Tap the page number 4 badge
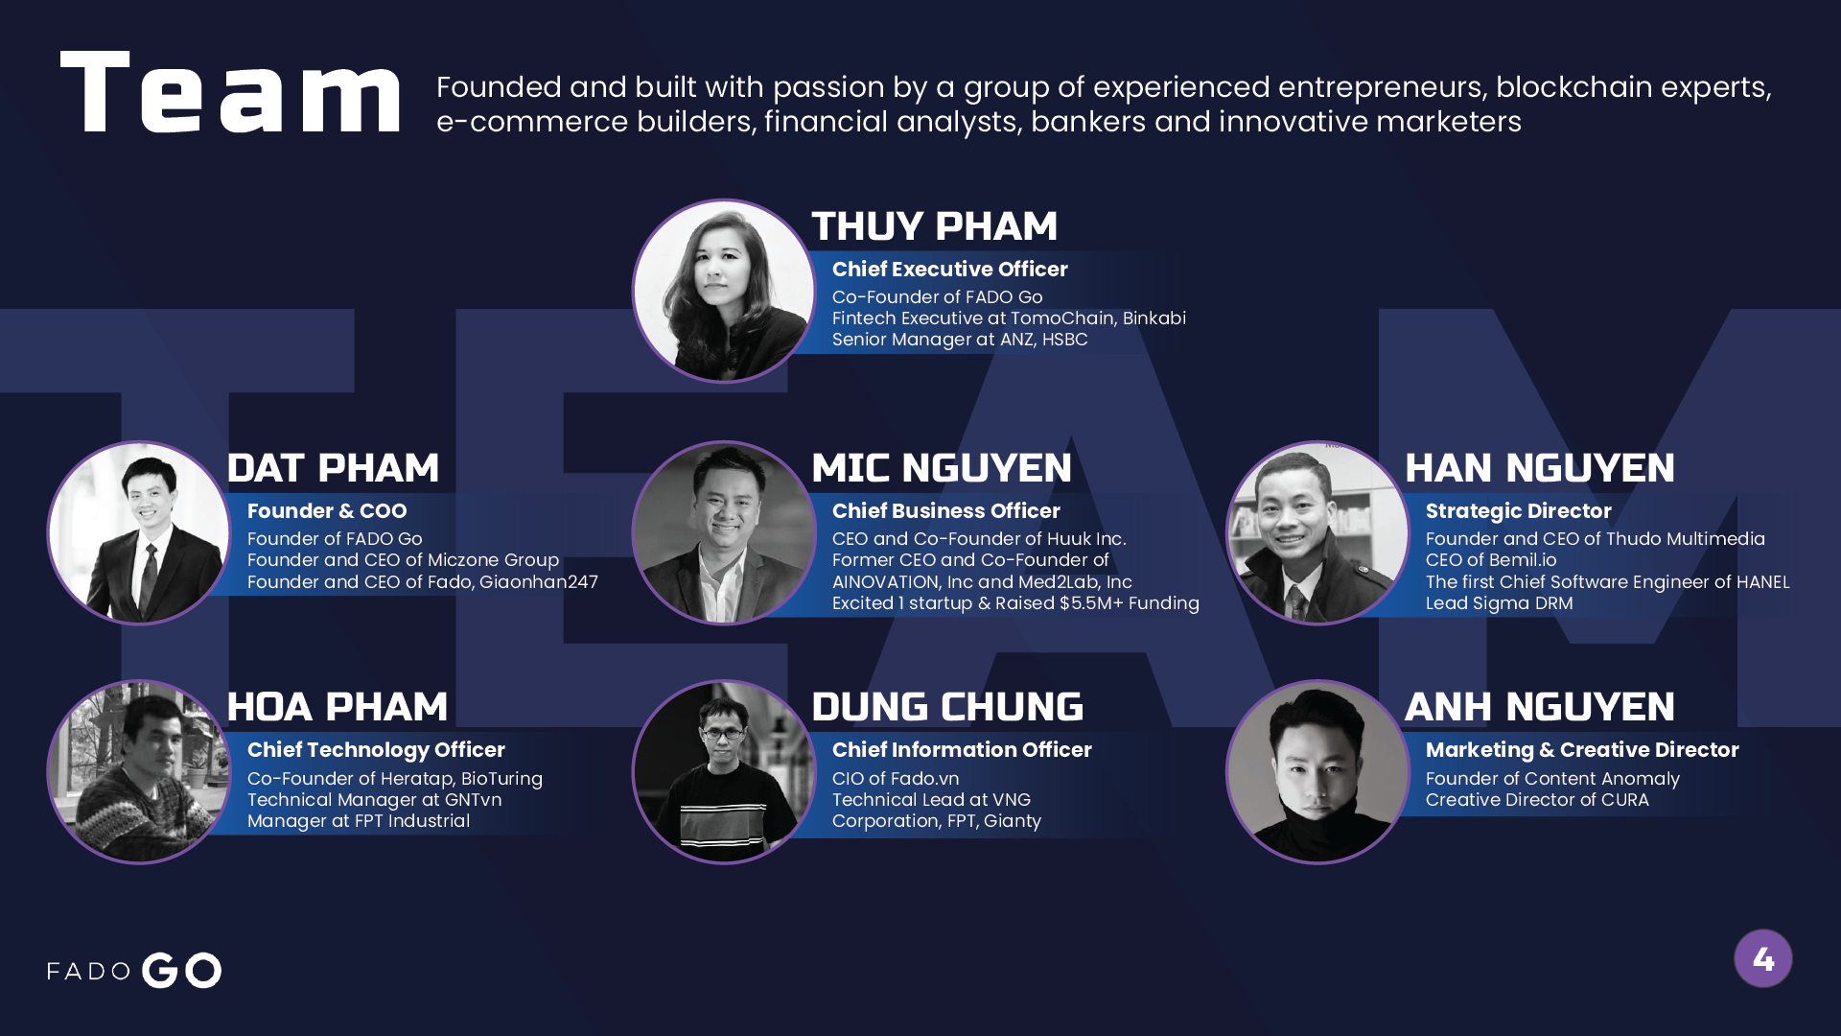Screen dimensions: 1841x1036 tap(1762, 958)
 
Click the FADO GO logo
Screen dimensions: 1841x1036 tap(134, 970)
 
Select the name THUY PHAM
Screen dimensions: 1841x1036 tap(934, 226)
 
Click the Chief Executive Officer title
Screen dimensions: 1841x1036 tap(949, 270)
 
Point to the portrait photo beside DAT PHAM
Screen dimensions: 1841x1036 tap(139, 532)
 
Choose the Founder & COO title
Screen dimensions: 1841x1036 tap(327, 511)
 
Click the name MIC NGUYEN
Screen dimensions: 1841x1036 tap(942, 468)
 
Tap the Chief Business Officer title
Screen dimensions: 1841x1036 tap(945, 511)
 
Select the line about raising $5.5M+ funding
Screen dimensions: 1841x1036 tap(1015, 603)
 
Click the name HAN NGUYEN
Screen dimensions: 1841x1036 tap(1540, 468)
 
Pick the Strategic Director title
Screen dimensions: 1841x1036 tap(1518, 511)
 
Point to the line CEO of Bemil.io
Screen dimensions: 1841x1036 tap(1491, 560)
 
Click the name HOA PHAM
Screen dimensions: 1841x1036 tap(338, 707)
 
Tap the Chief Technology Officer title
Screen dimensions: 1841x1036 tap(376, 750)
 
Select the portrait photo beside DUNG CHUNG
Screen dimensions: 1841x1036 tap(724, 772)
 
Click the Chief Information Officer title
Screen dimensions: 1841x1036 tap(962, 750)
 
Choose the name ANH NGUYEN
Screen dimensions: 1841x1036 tap(1540, 707)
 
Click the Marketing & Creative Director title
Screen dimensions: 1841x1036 tap(1582, 750)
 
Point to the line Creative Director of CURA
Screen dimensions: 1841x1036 tap(1537, 800)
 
